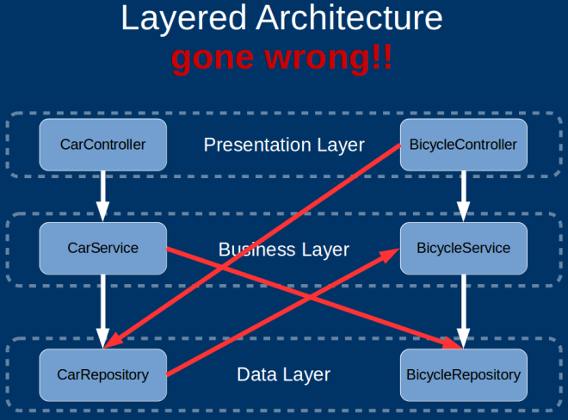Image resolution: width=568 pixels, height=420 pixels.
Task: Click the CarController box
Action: point(102,145)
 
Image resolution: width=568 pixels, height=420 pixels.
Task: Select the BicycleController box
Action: point(463,145)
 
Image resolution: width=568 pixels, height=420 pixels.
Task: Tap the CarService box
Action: point(102,248)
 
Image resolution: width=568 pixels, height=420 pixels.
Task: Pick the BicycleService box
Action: point(463,248)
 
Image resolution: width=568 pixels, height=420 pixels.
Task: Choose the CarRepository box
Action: point(102,374)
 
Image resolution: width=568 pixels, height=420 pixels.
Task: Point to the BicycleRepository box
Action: point(463,374)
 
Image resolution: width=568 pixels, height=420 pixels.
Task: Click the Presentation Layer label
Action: point(284,145)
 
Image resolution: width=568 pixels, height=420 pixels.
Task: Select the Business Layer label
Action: point(284,250)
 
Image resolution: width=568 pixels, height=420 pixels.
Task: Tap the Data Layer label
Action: point(283,374)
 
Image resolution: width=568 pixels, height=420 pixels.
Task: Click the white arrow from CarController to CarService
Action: point(102,196)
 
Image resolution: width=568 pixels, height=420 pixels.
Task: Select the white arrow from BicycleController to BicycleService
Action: point(463,196)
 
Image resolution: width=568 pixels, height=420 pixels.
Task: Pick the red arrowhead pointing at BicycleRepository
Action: point(453,344)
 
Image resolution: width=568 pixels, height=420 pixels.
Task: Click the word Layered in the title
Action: point(178,19)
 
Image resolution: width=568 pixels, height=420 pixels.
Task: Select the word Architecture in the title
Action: point(343,19)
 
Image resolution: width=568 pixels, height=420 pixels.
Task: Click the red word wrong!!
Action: point(335,58)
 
